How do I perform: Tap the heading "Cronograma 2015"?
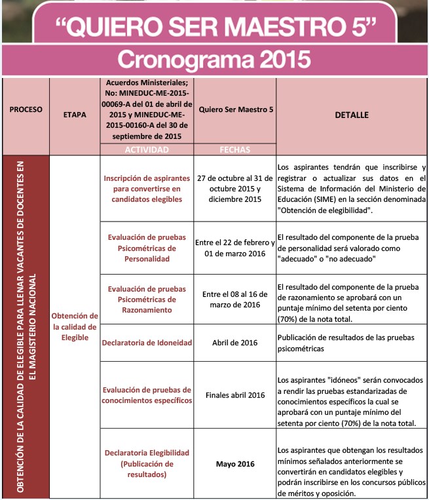[x=214, y=60]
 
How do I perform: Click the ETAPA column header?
[x=75, y=115]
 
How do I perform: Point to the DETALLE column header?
[x=352, y=115]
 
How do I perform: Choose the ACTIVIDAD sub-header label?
[x=147, y=149]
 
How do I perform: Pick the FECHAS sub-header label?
[x=235, y=149]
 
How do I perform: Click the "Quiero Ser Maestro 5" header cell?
[x=236, y=109]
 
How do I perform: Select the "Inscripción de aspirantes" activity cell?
[x=147, y=188]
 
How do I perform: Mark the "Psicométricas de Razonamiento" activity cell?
[x=147, y=299]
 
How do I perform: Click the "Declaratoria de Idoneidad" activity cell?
[x=147, y=343]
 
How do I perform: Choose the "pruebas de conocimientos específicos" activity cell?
[x=147, y=394]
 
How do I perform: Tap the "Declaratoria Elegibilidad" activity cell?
[x=147, y=463]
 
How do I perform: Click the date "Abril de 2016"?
[x=235, y=343]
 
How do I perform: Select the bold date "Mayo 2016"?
[x=235, y=464]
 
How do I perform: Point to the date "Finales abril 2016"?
[x=235, y=395]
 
